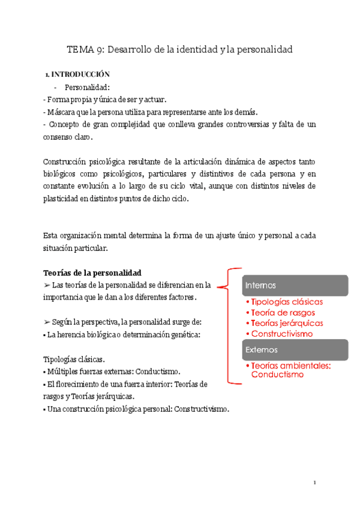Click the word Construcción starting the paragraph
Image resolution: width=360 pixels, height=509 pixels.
click(x=65, y=162)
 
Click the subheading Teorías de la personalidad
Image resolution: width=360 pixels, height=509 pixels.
click(x=92, y=273)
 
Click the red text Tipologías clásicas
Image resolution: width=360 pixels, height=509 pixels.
click(x=287, y=302)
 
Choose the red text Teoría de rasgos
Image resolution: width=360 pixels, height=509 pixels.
click(x=283, y=313)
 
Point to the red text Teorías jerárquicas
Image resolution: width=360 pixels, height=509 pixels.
click(x=287, y=324)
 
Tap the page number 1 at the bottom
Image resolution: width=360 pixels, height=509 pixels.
click(x=315, y=483)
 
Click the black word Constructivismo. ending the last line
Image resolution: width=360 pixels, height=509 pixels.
click(x=199, y=409)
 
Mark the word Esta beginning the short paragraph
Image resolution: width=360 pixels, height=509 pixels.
click(x=52, y=235)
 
